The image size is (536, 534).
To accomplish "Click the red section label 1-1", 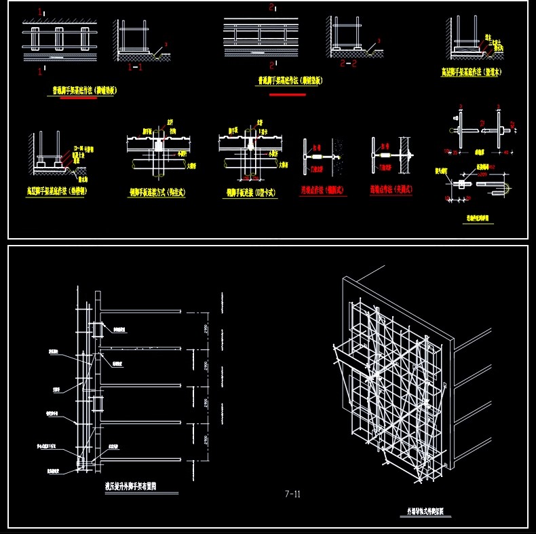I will point(134,68).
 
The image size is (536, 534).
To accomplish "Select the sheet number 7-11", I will point(292,494).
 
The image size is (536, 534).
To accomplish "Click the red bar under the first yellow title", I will point(79,98).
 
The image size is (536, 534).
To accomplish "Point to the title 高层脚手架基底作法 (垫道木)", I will point(472,71).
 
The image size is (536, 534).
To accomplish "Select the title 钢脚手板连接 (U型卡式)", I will point(251,193).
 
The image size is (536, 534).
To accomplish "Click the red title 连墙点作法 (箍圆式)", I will point(323,191).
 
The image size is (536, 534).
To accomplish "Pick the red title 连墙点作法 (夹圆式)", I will point(393,191).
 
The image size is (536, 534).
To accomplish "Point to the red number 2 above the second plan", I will point(271,7).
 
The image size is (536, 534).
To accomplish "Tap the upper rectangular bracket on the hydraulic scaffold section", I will point(96,329).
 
